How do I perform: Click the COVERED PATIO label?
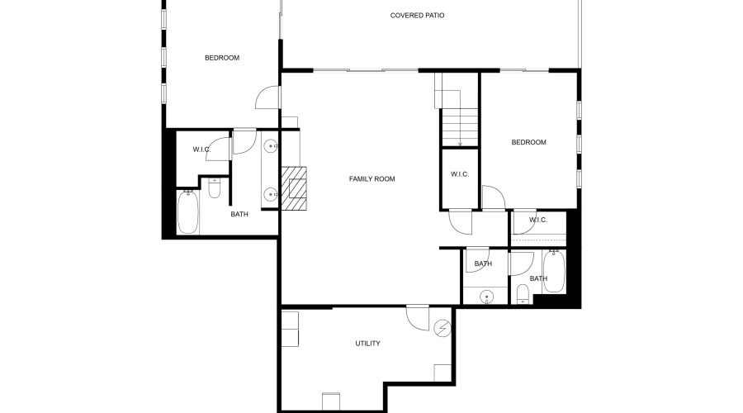click(x=418, y=15)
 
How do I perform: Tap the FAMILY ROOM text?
click(x=371, y=178)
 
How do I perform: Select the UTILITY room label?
click(x=368, y=344)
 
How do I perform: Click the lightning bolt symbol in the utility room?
click(x=443, y=329)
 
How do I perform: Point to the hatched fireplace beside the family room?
click(x=294, y=189)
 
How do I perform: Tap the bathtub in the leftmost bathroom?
click(x=188, y=213)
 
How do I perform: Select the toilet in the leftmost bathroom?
click(x=215, y=190)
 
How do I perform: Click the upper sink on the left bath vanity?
click(x=270, y=147)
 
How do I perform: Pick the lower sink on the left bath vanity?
click(x=270, y=195)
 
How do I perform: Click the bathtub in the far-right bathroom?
click(x=554, y=272)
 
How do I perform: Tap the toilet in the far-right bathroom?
click(x=522, y=296)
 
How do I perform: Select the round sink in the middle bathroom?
click(x=486, y=296)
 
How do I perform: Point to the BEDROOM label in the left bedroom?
click(x=222, y=58)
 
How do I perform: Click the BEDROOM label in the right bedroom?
click(x=528, y=142)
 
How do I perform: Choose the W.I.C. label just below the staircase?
click(x=460, y=174)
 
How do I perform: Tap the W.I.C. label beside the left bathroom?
click(x=201, y=150)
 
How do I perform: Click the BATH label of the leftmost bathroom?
click(x=239, y=215)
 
